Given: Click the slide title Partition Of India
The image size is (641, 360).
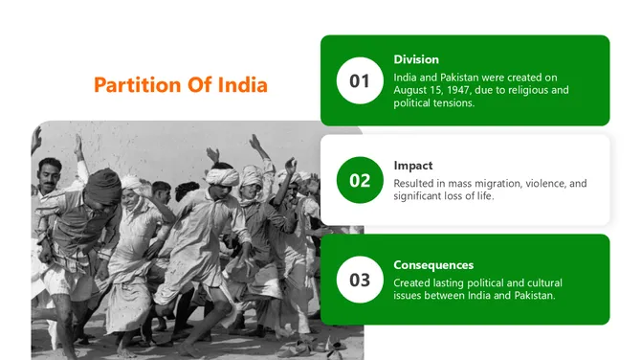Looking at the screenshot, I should tap(181, 85).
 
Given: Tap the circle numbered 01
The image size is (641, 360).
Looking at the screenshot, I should tap(360, 80).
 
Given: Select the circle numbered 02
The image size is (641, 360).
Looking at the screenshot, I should tap(360, 180).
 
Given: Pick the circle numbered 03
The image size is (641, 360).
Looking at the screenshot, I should tap(360, 280).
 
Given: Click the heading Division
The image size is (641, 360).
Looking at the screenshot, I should tap(416, 59).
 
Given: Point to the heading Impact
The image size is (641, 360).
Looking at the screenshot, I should tap(413, 165).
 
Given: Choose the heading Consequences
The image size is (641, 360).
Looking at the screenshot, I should tap(433, 264).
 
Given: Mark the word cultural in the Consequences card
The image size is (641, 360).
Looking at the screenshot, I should tap(541, 282).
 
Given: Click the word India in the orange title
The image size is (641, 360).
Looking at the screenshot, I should tap(243, 85).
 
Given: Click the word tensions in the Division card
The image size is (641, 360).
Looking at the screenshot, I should tap(450, 102).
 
